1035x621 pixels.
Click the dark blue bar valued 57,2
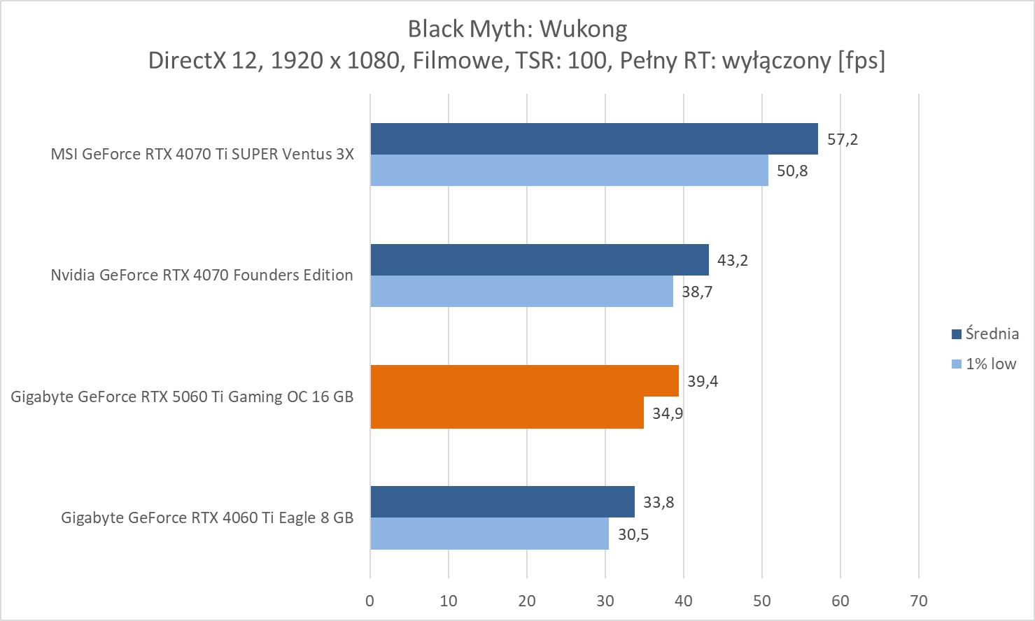(593, 138)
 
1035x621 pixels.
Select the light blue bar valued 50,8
(568, 171)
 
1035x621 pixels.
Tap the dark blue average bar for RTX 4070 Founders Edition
(539, 259)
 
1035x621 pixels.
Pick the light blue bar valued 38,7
(521, 292)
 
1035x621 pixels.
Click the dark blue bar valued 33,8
(502, 501)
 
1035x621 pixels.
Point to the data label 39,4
(703, 381)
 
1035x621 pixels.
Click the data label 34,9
(668, 413)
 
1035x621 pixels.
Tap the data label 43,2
(732, 260)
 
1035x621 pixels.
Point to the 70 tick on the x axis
(919, 601)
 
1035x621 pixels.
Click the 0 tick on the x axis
(370, 601)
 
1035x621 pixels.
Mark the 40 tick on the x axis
(684, 601)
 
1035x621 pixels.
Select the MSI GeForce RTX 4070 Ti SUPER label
(202, 154)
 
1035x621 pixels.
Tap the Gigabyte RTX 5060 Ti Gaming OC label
(182, 397)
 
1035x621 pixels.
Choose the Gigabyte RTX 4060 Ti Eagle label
(207, 517)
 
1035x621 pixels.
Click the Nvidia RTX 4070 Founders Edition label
(202, 275)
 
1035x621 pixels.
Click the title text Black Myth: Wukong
(517, 29)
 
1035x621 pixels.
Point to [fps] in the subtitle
(861, 61)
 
